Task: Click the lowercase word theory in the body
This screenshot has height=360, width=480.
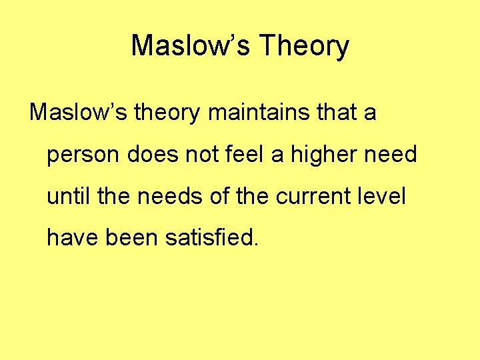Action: (x=167, y=113)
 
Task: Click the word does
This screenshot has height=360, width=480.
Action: (x=150, y=155)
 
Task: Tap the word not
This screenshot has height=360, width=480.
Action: (x=199, y=155)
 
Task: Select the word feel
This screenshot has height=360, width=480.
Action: (x=241, y=155)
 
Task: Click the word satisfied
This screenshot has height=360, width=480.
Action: (x=207, y=239)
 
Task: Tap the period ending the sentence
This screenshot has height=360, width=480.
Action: (x=253, y=245)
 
